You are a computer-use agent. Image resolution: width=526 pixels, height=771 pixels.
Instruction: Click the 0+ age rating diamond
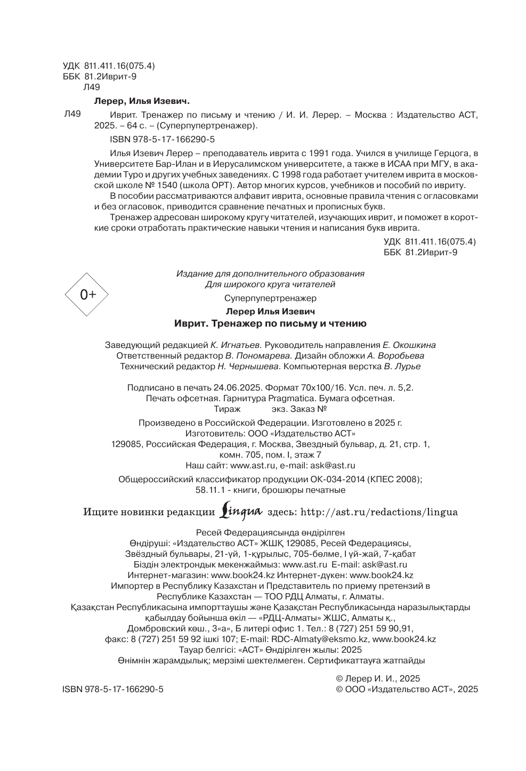(86, 294)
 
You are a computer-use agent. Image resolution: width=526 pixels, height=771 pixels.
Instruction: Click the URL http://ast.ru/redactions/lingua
(379, 512)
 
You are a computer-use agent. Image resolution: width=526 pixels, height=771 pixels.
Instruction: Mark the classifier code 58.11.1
(209, 490)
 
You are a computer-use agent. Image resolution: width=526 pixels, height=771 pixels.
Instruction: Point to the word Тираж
(227, 409)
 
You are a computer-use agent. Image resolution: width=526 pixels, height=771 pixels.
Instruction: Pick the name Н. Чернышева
(248, 366)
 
